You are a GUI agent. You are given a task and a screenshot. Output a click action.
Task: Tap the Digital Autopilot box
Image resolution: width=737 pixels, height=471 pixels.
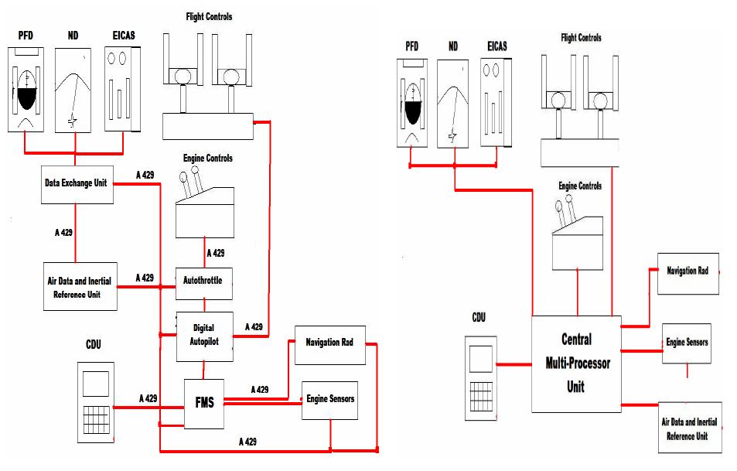coord(204,336)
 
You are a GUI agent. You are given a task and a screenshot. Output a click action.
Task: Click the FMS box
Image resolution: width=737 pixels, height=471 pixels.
coord(204,402)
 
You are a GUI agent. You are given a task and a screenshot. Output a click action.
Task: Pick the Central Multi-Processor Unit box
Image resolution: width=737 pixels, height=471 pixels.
coord(576,363)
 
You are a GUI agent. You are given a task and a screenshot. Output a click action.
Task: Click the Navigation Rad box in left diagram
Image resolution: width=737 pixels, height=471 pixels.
coord(329,344)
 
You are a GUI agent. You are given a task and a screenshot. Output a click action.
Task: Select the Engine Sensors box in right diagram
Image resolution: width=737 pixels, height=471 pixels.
coord(687,343)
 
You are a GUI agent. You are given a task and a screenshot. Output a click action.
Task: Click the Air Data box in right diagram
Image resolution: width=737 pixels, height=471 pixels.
coord(689,428)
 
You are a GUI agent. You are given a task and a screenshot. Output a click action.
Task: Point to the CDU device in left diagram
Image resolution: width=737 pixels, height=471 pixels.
coord(96,402)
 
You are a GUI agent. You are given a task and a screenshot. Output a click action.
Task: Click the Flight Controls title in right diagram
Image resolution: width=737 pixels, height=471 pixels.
coord(580,38)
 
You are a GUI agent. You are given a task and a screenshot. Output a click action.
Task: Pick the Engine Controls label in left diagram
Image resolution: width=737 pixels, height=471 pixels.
coord(207,159)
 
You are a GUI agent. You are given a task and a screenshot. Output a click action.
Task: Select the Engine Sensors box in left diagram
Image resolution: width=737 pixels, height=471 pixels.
coord(329,399)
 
